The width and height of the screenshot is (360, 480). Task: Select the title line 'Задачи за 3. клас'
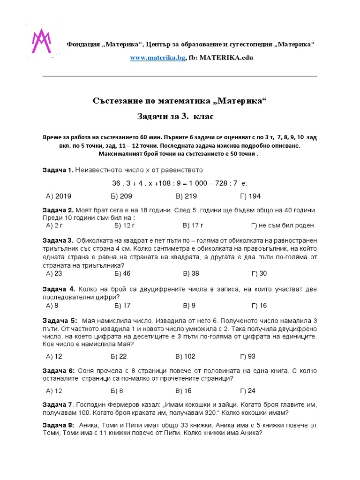180,116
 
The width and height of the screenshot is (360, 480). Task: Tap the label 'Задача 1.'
58,169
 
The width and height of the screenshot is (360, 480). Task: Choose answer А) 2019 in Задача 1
59,196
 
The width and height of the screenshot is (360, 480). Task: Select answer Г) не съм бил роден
282,225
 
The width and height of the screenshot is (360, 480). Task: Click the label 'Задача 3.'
58,240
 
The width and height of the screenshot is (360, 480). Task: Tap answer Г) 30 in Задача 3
259,273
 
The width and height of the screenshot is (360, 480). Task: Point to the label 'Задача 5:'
59,321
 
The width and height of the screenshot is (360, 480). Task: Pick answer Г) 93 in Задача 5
247,356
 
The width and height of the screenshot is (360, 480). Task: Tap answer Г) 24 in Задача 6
247,390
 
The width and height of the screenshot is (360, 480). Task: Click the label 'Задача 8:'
58,425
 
